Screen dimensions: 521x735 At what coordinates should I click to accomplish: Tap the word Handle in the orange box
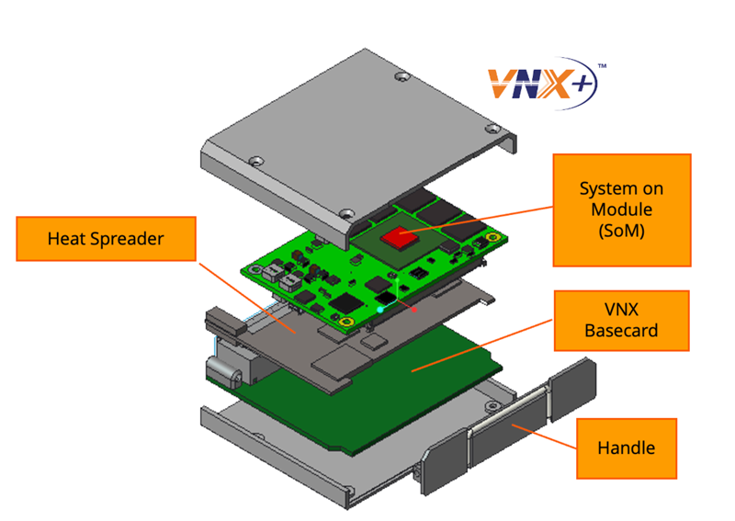(x=626, y=448)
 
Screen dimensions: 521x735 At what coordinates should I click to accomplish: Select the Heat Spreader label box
(x=106, y=239)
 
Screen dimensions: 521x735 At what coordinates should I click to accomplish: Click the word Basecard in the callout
(x=621, y=330)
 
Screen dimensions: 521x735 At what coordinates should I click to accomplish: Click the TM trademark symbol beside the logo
(x=602, y=67)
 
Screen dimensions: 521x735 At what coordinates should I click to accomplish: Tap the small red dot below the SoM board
(x=416, y=311)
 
